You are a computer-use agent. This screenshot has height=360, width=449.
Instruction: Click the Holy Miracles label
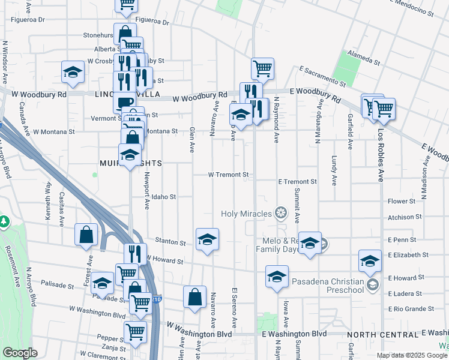pyautogui.click(x=247, y=214)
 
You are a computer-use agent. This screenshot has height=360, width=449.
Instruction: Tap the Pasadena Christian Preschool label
pyautogui.click(x=328, y=286)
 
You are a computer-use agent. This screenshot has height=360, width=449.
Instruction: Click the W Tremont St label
pyautogui.click(x=228, y=175)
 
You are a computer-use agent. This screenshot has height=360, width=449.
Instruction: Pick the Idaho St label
pyautogui.click(x=163, y=197)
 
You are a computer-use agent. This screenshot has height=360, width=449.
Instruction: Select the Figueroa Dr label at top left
pyautogui.click(x=28, y=19)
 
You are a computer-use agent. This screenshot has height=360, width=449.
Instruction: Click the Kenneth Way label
pyautogui.click(x=47, y=195)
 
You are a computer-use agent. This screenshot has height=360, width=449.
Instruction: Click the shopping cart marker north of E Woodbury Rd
pyautogui.click(x=263, y=68)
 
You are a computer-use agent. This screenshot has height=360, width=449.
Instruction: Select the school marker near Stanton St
pyautogui.click(x=207, y=239)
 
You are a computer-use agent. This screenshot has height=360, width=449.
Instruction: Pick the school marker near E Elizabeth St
pyautogui.click(x=370, y=260)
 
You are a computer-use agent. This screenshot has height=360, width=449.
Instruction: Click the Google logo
pyautogui.click(x=20, y=353)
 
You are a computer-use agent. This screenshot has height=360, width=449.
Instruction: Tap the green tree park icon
pyautogui.click(x=4, y=221)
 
